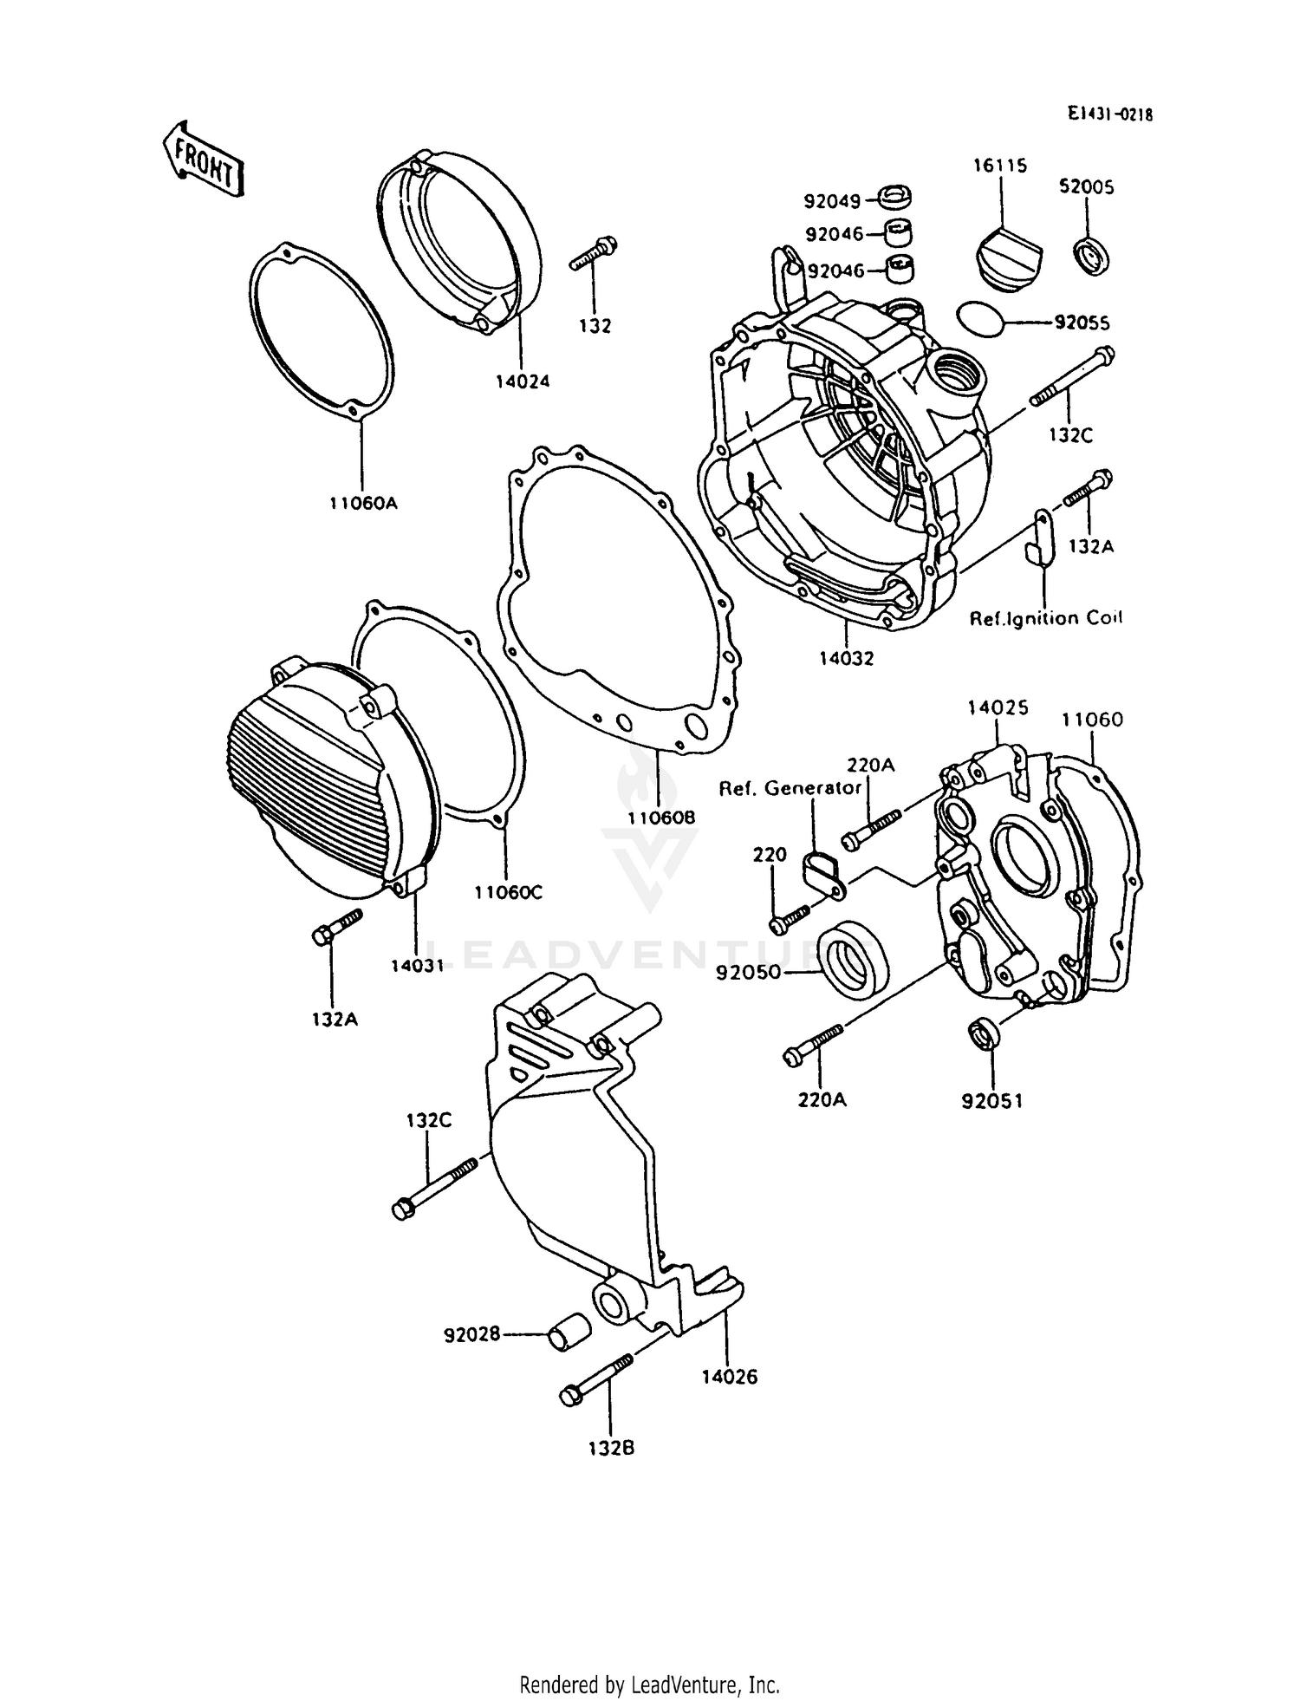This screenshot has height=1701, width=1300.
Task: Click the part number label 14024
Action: click(x=523, y=381)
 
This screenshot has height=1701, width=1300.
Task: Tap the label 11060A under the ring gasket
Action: click(x=362, y=503)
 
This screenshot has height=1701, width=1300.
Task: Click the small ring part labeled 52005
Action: click(x=1093, y=257)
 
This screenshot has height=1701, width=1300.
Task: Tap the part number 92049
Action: click(x=832, y=202)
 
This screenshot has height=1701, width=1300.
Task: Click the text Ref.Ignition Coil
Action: click(x=1045, y=618)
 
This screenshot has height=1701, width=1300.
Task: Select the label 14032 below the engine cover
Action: click(x=846, y=658)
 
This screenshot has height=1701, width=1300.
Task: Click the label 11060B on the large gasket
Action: click(x=662, y=817)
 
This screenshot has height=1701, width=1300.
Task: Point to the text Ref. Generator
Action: click(x=790, y=788)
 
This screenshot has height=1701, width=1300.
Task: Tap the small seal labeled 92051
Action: click(x=982, y=1034)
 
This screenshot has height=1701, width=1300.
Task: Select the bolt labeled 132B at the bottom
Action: click(x=596, y=1378)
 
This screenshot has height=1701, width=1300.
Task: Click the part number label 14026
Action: click(x=729, y=1377)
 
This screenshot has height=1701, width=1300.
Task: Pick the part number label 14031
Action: click(x=417, y=965)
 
